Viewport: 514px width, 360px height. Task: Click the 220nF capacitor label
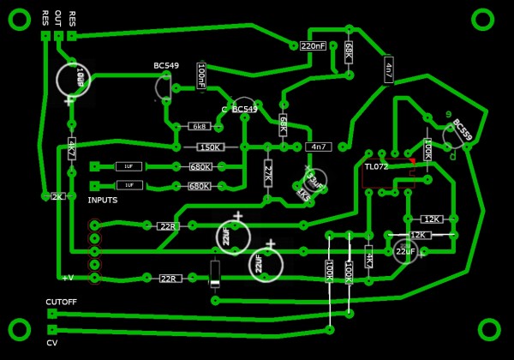click(313, 45)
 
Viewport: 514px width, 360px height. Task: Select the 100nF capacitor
click(201, 75)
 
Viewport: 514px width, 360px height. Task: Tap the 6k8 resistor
click(199, 126)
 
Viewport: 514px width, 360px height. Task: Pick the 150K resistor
click(210, 147)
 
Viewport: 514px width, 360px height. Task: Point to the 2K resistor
click(57, 196)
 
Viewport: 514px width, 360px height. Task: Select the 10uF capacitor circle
click(74, 79)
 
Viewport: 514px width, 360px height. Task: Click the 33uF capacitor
click(314, 181)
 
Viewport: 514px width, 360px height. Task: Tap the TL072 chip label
click(376, 166)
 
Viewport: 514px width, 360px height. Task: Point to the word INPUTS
click(103, 200)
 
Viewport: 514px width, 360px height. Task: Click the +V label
click(68, 277)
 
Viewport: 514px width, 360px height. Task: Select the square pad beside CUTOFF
click(52, 314)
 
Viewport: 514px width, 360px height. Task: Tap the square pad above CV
click(52, 329)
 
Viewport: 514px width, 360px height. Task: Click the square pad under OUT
click(58, 36)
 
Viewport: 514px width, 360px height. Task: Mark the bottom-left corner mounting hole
click(19, 329)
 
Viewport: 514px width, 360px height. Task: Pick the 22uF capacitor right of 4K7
click(405, 251)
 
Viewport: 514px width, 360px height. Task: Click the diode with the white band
click(215, 273)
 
